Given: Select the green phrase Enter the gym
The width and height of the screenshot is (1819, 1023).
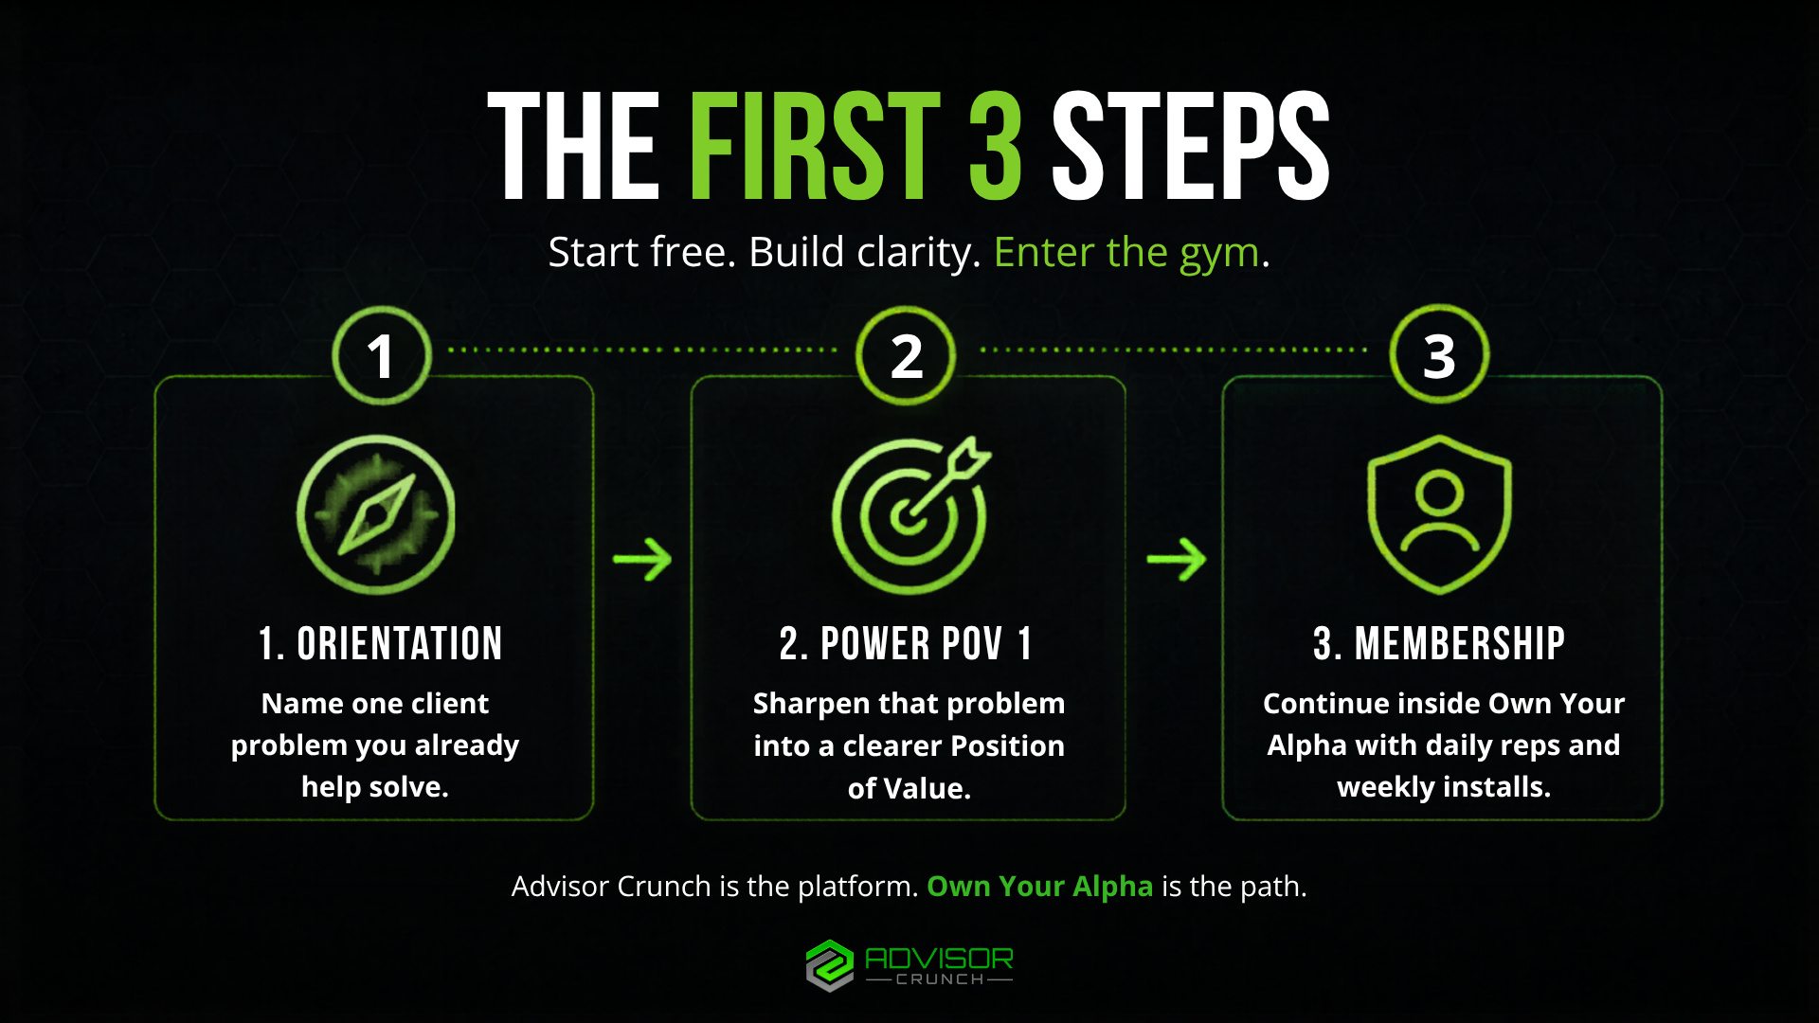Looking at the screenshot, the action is (1126, 253).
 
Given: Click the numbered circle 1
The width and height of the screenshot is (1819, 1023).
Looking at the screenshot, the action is (382, 355).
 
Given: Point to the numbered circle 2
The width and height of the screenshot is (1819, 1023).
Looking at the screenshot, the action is (906, 355).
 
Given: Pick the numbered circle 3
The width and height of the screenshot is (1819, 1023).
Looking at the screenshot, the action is (1439, 354).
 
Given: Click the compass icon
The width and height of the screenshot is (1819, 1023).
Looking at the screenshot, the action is (376, 514).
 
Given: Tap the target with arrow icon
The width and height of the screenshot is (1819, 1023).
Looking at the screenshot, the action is (911, 515).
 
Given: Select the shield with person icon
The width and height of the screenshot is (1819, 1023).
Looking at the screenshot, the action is (1439, 514).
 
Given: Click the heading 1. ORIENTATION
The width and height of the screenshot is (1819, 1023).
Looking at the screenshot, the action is (380, 644).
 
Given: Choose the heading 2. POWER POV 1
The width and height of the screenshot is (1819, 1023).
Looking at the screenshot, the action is (906, 644).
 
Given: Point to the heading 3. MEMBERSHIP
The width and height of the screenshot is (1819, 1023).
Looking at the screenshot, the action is (1439, 644).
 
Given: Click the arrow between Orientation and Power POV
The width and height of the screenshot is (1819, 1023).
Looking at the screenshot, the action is (642, 559).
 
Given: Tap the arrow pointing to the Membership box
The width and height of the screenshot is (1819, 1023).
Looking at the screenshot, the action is (1177, 559).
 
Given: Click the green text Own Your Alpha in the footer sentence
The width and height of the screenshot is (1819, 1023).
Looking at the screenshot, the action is (1039, 887).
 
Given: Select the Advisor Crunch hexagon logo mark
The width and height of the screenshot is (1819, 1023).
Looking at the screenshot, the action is (830, 965).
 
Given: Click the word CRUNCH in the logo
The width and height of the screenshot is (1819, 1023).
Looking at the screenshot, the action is (940, 979).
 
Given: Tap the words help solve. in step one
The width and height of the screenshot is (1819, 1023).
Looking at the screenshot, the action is (375, 787).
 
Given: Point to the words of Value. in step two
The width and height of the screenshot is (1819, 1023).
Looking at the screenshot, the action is (909, 788).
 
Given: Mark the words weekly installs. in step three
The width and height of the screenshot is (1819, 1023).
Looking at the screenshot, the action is (1444, 787).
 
